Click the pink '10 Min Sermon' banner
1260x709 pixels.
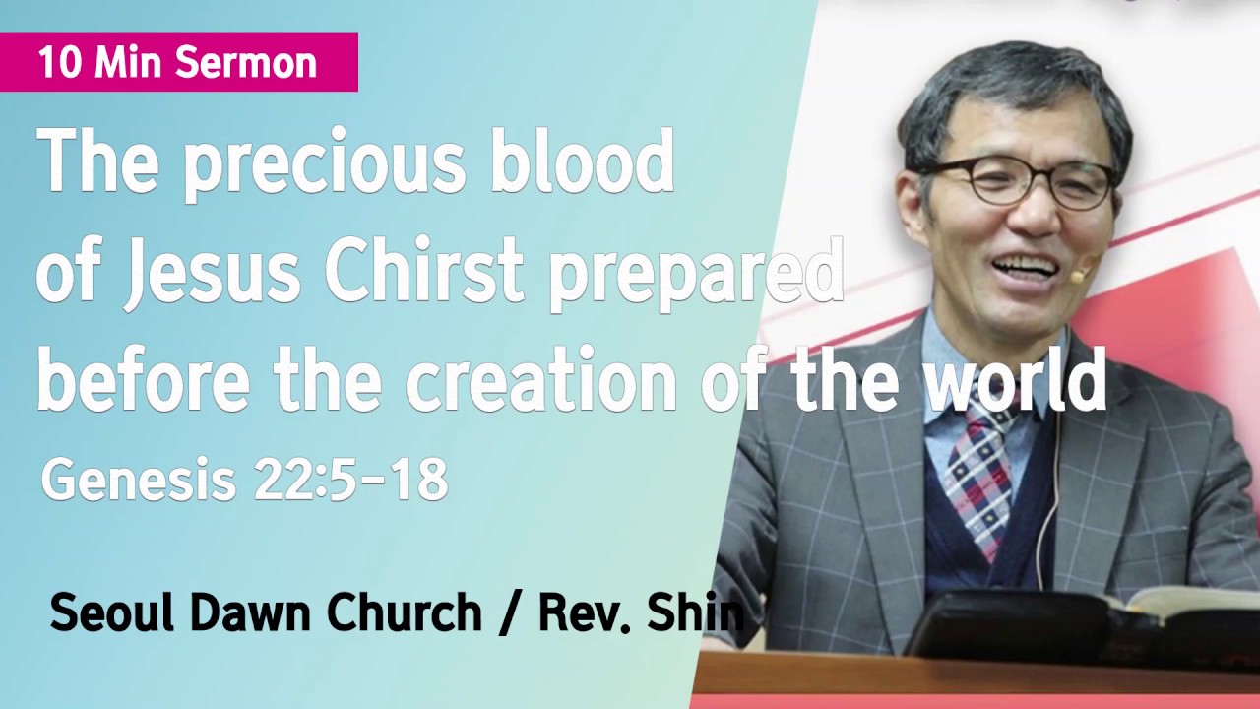coord(178,62)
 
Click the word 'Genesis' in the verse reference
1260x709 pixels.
coord(137,480)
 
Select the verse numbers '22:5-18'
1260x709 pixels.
coord(350,480)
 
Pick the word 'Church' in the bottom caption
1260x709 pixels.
coord(404,612)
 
